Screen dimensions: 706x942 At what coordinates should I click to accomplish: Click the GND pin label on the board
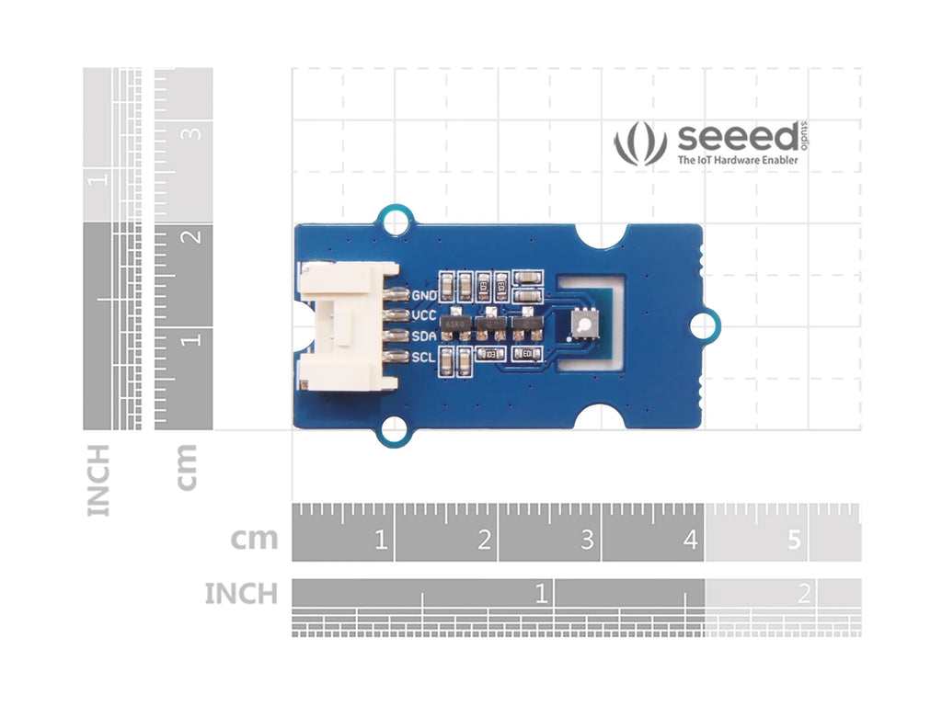424,295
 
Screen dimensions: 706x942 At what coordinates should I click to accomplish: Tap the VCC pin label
424,315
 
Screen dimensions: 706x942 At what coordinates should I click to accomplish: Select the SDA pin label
424,336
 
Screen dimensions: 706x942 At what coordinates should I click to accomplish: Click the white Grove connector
345,325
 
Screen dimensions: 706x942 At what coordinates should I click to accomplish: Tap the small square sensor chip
583,325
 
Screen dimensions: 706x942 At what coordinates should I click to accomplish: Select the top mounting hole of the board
395,221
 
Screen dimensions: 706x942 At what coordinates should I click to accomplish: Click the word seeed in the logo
738,138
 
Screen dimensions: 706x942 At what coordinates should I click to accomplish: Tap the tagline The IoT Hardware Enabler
725,161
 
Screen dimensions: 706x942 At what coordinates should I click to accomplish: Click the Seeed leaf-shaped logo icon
639,145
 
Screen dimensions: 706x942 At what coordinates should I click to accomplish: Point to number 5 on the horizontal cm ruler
794,541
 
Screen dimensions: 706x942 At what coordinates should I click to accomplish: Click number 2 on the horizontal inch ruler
804,594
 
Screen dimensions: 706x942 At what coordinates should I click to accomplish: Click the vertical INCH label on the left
98,479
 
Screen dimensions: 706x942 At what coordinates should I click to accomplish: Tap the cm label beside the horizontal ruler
254,539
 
